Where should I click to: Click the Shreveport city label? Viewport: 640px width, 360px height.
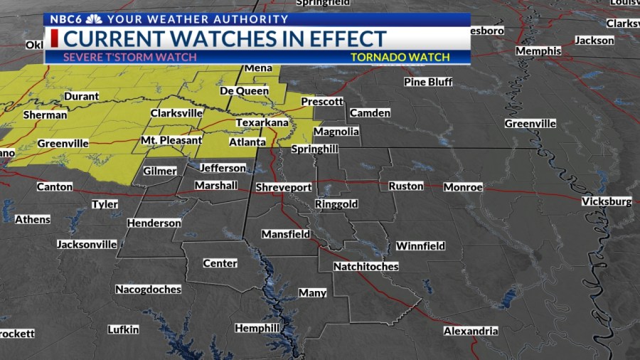click(x=284, y=187)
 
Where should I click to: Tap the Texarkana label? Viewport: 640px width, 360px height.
click(x=262, y=123)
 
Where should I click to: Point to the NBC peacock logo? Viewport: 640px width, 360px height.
click(x=94, y=19)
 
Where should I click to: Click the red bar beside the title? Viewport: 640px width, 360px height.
click(x=54, y=38)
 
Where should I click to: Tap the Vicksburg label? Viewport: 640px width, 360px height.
click(x=606, y=201)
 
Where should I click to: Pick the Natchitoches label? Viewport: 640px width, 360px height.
click(x=366, y=266)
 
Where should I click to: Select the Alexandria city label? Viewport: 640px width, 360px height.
click(x=471, y=331)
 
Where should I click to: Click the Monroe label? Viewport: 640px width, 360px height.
click(x=463, y=187)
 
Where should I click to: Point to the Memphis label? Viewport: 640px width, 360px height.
click(x=538, y=51)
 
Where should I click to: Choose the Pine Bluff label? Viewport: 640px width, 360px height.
click(x=428, y=82)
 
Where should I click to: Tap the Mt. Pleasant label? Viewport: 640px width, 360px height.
click(x=171, y=140)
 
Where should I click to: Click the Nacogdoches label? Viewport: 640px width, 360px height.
click(x=148, y=290)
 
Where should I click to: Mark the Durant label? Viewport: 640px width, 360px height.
click(x=82, y=96)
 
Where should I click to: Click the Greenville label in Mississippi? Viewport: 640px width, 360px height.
click(x=530, y=124)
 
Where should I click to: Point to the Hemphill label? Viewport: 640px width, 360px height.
click(x=257, y=328)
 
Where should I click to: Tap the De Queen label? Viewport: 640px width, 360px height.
click(x=244, y=91)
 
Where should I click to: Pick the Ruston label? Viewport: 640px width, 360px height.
click(x=405, y=186)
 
